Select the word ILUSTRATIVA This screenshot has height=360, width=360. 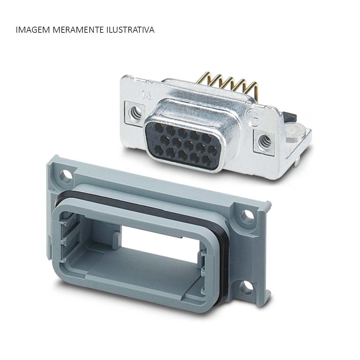tap(130, 30)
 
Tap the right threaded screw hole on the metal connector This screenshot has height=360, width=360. tap(263, 139)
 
